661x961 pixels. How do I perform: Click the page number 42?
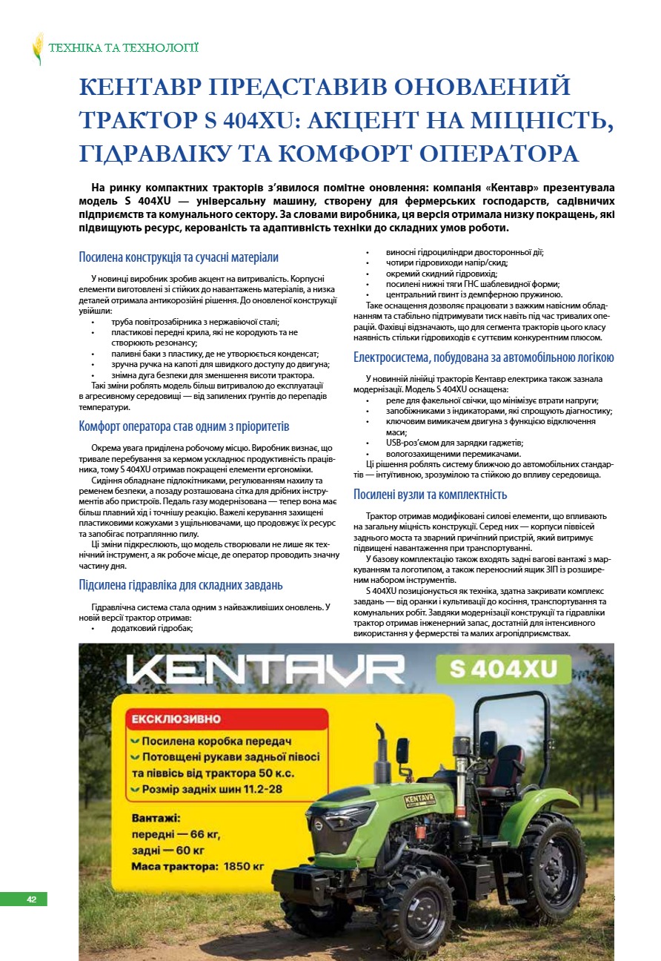coord(31,899)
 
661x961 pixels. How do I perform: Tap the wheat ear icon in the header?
coord(38,48)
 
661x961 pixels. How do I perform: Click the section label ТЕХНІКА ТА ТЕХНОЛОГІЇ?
coord(124,48)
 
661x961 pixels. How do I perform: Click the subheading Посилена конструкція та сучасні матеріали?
coord(179,257)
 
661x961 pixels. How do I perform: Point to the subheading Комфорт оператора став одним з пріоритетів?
coord(184,426)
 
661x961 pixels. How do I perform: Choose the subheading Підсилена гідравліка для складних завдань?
coord(181,585)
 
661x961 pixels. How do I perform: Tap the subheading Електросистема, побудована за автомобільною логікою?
coord(483,357)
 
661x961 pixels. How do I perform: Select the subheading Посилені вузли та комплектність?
coord(430,494)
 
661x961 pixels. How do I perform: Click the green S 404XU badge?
coord(503,669)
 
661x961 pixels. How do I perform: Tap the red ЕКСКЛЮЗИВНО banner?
coord(176,719)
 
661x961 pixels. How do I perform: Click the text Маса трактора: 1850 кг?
coord(198,865)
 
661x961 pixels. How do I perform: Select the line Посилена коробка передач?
coord(216,741)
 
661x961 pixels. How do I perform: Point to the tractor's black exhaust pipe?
coord(382,748)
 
